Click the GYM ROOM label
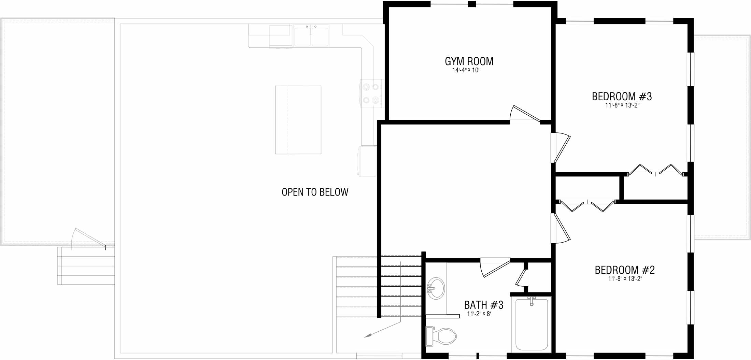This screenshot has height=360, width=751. pos(469,61)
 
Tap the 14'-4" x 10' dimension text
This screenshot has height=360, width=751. pos(466,70)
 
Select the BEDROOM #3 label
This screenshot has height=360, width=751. pos(622,97)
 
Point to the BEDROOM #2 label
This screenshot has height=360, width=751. pos(625,270)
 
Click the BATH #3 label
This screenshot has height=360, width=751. pos(484,305)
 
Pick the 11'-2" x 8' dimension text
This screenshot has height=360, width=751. pos(479,314)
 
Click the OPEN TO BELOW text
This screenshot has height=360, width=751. pos(315,192)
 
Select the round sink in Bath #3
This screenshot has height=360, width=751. pos(436,288)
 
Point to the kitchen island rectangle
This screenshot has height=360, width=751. pos(298,120)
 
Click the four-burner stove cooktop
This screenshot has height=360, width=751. pos(371,93)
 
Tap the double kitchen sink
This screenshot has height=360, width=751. pos(311,36)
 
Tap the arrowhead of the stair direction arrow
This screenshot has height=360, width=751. pos(368,336)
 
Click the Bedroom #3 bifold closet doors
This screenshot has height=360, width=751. pos(656,170)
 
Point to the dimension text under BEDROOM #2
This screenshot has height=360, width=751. pos(625,279)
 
